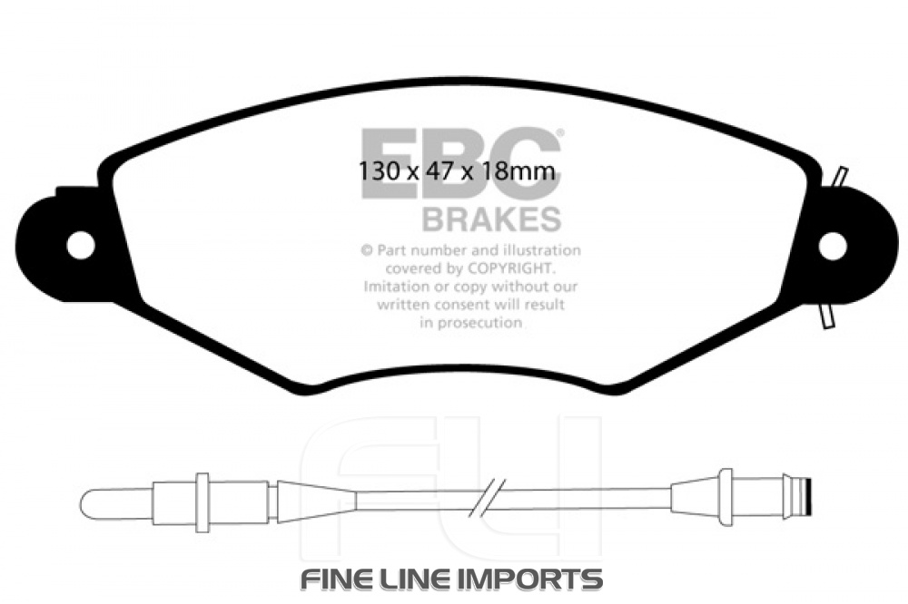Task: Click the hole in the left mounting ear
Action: [80, 244]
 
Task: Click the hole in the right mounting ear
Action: [832, 245]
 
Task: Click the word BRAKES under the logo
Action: [491, 219]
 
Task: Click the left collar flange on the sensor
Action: [202, 500]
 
